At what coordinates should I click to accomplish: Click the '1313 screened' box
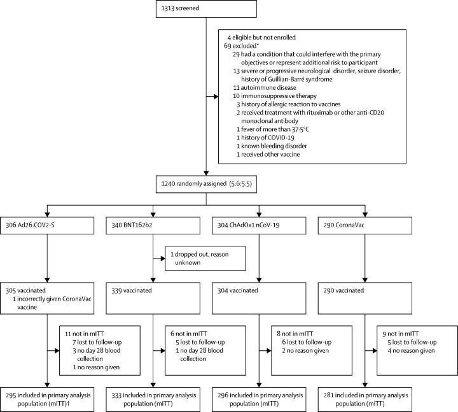[x=206, y=8]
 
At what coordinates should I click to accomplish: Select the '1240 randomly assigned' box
[x=206, y=184]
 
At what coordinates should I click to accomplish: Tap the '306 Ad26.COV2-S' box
[x=47, y=225]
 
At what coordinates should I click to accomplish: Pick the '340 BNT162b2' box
[x=153, y=225]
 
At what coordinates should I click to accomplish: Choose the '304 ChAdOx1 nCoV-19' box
[x=259, y=225]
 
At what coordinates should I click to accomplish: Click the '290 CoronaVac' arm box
[x=365, y=225]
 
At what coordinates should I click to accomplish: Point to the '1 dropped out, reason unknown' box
[x=205, y=258]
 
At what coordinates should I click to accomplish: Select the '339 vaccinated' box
[x=153, y=298]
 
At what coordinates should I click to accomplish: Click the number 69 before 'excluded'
[x=228, y=46]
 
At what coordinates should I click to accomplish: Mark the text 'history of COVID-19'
[x=268, y=138]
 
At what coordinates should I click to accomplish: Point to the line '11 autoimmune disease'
[x=265, y=88]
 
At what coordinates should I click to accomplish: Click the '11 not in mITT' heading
[x=84, y=334]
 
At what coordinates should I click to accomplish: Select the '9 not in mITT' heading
[x=401, y=334]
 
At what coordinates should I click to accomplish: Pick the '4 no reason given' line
[x=411, y=351]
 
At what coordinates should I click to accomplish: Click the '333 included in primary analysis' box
[x=153, y=399]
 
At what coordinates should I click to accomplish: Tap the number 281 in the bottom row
[x=328, y=395]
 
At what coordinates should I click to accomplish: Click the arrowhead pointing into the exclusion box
[x=216, y=97]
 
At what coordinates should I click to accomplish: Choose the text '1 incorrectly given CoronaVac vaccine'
[x=52, y=303]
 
